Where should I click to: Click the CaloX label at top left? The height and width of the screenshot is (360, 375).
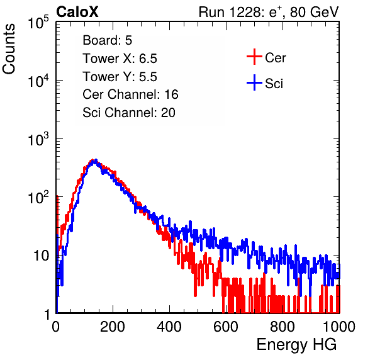[x=77, y=12]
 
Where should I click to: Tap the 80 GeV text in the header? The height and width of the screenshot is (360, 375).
[x=314, y=12]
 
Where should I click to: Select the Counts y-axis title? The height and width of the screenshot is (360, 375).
[x=9, y=49]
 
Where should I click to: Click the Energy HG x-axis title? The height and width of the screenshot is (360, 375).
[x=296, y=345]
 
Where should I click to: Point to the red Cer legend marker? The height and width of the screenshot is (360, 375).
[x=254, y=57]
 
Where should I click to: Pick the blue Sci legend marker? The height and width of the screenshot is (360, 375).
[x=254, y=83]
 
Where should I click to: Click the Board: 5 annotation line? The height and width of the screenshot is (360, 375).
[x=108, y=40]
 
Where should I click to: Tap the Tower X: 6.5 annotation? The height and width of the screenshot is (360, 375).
[x=120, y=59]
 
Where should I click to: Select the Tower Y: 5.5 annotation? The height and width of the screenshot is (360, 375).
[x=120, y=77]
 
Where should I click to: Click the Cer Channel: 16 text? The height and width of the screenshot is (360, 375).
[x=130, y=94]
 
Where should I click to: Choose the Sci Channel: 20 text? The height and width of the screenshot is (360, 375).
[x=129, y=113]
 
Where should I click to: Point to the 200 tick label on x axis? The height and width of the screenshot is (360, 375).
[x=113, y=327]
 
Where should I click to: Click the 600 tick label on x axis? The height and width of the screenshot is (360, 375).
[x=226, y=327]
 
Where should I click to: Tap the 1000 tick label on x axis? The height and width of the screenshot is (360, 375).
[x=339, y=327]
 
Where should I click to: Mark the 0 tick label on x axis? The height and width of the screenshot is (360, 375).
[x=56, y=327]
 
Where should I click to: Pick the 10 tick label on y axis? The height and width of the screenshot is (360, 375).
[x=42, y=256]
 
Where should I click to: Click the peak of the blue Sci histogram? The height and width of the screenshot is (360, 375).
[x=96, y=160]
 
